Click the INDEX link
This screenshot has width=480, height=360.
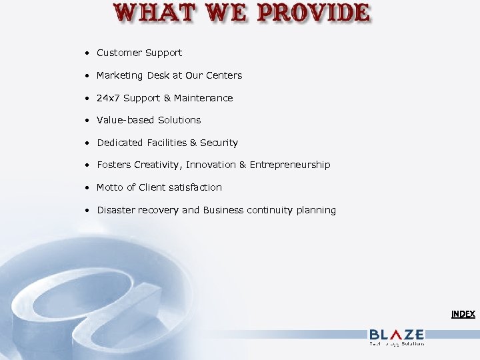[x=463, y=313]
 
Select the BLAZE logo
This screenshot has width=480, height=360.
[x=397, y=335]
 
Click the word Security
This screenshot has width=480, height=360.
[x=219, y=143]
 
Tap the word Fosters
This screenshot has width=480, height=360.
[x=114, y=165]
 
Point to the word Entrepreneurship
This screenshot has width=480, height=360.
[x=290, y=165]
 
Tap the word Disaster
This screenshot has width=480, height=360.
[x=117, y=210]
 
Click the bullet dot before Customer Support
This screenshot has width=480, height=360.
[x=87, y=53]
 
